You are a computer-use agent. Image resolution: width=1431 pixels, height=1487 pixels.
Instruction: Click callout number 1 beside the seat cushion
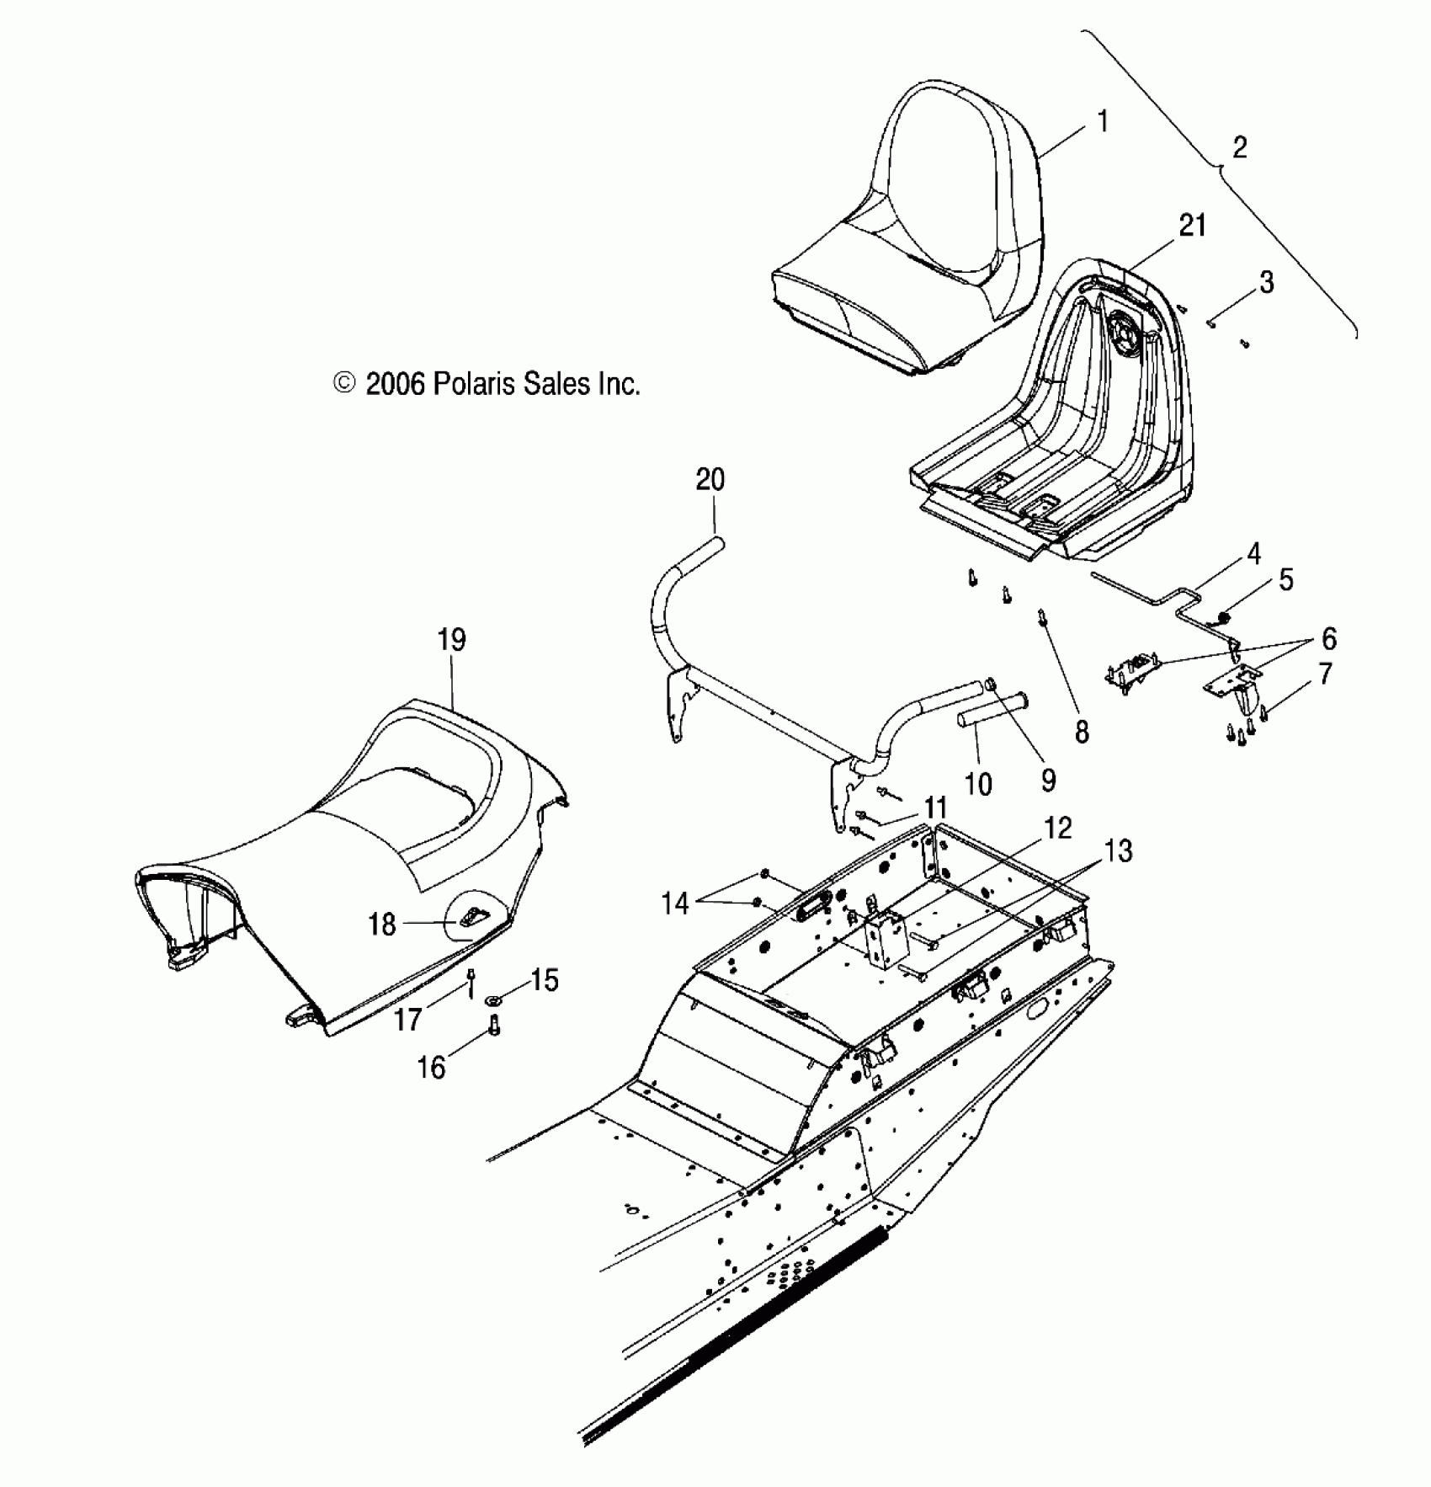tap(1103, 122)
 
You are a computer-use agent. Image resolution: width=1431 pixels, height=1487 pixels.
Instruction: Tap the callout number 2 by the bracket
tap(1239, 148)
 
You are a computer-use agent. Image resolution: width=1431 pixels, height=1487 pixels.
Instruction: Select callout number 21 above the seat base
tap(1193, 226)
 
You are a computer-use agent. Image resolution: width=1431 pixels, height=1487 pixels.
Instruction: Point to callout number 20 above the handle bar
tap(710, 480)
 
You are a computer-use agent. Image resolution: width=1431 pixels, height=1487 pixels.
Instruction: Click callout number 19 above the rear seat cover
tap(452, 640)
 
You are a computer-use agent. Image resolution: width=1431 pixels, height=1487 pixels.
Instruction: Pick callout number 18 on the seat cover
tap(381, 925)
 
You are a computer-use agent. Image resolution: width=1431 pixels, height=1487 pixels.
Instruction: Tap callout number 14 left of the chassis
tap(675, 904)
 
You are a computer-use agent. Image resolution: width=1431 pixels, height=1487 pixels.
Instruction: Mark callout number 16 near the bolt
tap(431, 1068)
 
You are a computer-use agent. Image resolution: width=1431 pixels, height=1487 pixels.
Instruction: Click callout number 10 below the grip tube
tap(977, 784)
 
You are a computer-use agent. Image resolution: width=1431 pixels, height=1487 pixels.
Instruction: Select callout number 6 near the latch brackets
tap(1329, 638)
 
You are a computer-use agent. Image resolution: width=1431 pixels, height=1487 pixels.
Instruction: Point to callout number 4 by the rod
tap(1253, 554)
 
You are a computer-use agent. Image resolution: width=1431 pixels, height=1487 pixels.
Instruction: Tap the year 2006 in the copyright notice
tap(395, 384)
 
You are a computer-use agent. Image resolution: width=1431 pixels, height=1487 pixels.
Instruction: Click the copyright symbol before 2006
tap(344, 384)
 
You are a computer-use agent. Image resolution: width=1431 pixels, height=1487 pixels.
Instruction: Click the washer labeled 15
tap(494, 1001)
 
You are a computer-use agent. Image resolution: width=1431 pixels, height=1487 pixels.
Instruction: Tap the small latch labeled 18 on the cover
tap(474, 916)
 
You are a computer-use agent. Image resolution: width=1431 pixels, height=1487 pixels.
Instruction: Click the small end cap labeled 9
tap(991, 684)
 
